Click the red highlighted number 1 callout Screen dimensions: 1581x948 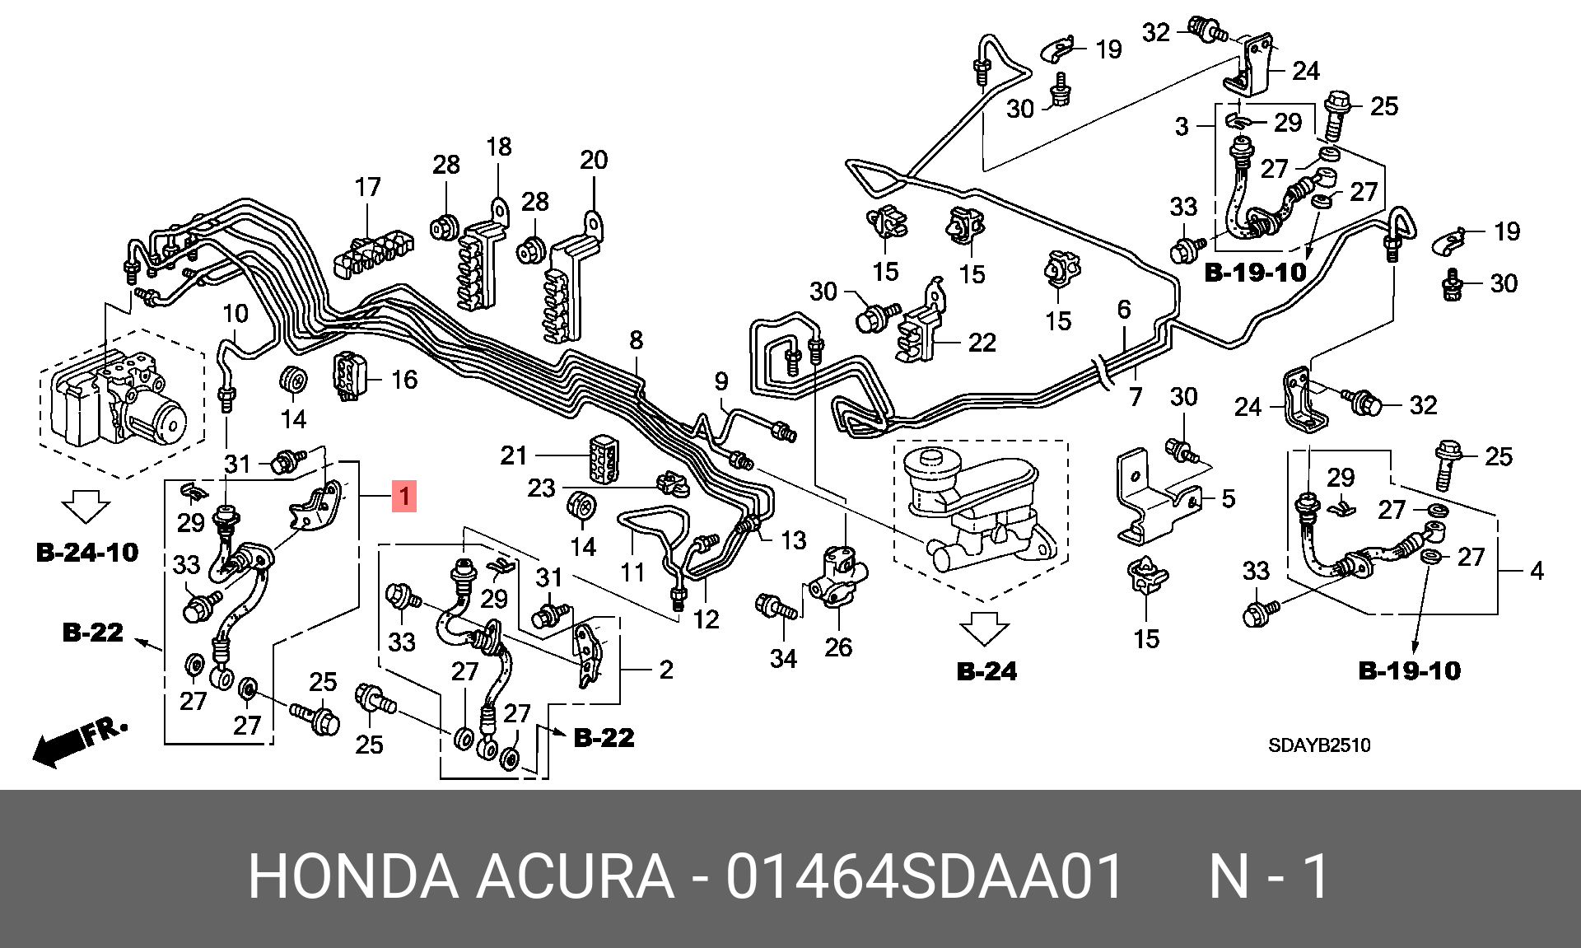[404, 497]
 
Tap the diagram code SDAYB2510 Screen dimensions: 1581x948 [1318, 746]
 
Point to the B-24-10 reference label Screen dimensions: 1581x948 [87, 552]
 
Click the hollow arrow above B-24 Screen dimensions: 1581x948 [985, 628]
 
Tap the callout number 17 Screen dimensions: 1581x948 [368, 188]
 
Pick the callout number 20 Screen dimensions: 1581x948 [594, 160]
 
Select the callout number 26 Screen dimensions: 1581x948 [838, 647]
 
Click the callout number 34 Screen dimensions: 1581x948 [783, 658]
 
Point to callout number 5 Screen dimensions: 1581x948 [1228, 498]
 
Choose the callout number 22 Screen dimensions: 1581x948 [982, 342]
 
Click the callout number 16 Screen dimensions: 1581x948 [404, 380]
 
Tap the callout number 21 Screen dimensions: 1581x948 [514, 455]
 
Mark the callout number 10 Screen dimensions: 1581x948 [236, 314]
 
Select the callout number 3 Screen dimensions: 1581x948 [1182, 126]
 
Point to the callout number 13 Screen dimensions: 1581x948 [793, 540]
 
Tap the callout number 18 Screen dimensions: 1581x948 [499, 147]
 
